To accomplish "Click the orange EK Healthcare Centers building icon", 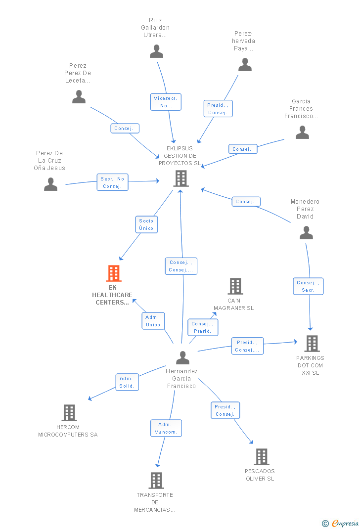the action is point(114,273).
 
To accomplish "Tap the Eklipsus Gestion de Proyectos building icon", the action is point(181,178).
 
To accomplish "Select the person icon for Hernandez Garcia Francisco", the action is point(183,357).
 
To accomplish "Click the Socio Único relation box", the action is point(146,224).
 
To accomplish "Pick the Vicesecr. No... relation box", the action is point(166,102).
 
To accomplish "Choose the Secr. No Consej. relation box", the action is point(112,182).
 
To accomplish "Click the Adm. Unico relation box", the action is point(153,321).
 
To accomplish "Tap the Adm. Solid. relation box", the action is point(127,382).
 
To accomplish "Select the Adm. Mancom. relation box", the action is point(166,428).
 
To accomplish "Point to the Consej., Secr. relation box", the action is point(309,286).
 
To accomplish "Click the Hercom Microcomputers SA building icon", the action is point(69,413).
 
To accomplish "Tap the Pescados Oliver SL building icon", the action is point(262,457).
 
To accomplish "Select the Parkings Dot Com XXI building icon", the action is point(312,344).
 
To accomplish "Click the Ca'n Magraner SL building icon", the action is point(235,286).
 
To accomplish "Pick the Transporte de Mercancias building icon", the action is point(157,481).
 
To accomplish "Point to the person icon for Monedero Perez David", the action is point(307,233).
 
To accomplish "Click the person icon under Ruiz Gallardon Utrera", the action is point(157,51).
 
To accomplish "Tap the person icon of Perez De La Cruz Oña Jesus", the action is point(51,184).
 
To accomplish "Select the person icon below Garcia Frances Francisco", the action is point(303,132).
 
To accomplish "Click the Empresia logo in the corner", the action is point(340,523).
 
